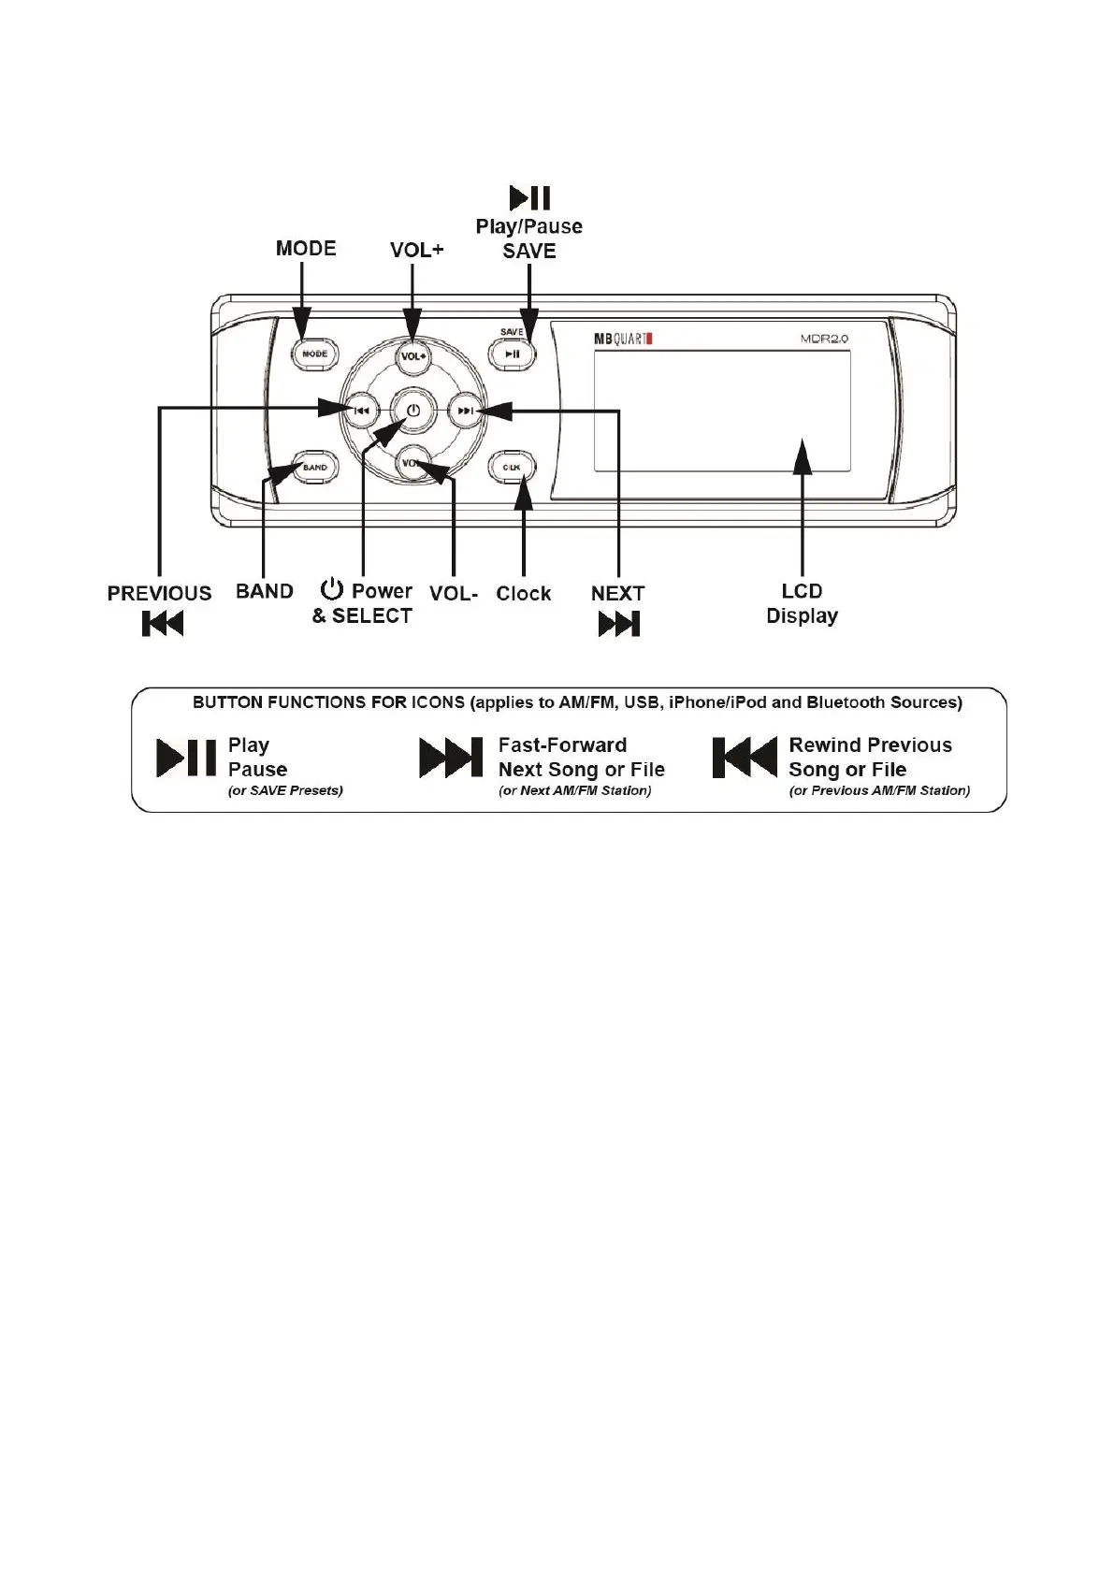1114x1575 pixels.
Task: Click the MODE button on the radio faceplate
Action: tap(314, 354)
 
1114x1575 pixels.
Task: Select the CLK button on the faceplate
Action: tap(512, 467)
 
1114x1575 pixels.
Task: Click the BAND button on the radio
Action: tap(314, 467)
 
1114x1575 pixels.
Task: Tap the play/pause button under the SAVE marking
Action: tap(512, 354)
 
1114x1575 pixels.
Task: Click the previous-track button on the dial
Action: tap(362, 410)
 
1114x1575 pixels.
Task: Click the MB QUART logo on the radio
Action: tap(622, 339)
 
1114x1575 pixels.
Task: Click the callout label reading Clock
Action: tap(523, 593)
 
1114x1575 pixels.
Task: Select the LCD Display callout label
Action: tap(802, 603)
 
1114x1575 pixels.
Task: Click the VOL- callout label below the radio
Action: tap(454, 593)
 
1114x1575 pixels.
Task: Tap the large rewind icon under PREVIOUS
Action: tap(162, 623)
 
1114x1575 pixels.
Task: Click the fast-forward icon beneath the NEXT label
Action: tap(618, 623)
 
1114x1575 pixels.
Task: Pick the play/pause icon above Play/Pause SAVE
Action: tap(529, 197)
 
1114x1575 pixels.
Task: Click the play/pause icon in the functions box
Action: tap(185, 758)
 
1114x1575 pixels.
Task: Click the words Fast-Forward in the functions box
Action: tap(562, 745)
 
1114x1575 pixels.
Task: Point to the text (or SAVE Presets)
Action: tap(285, 790)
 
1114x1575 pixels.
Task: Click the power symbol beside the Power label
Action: tap(332, 590)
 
